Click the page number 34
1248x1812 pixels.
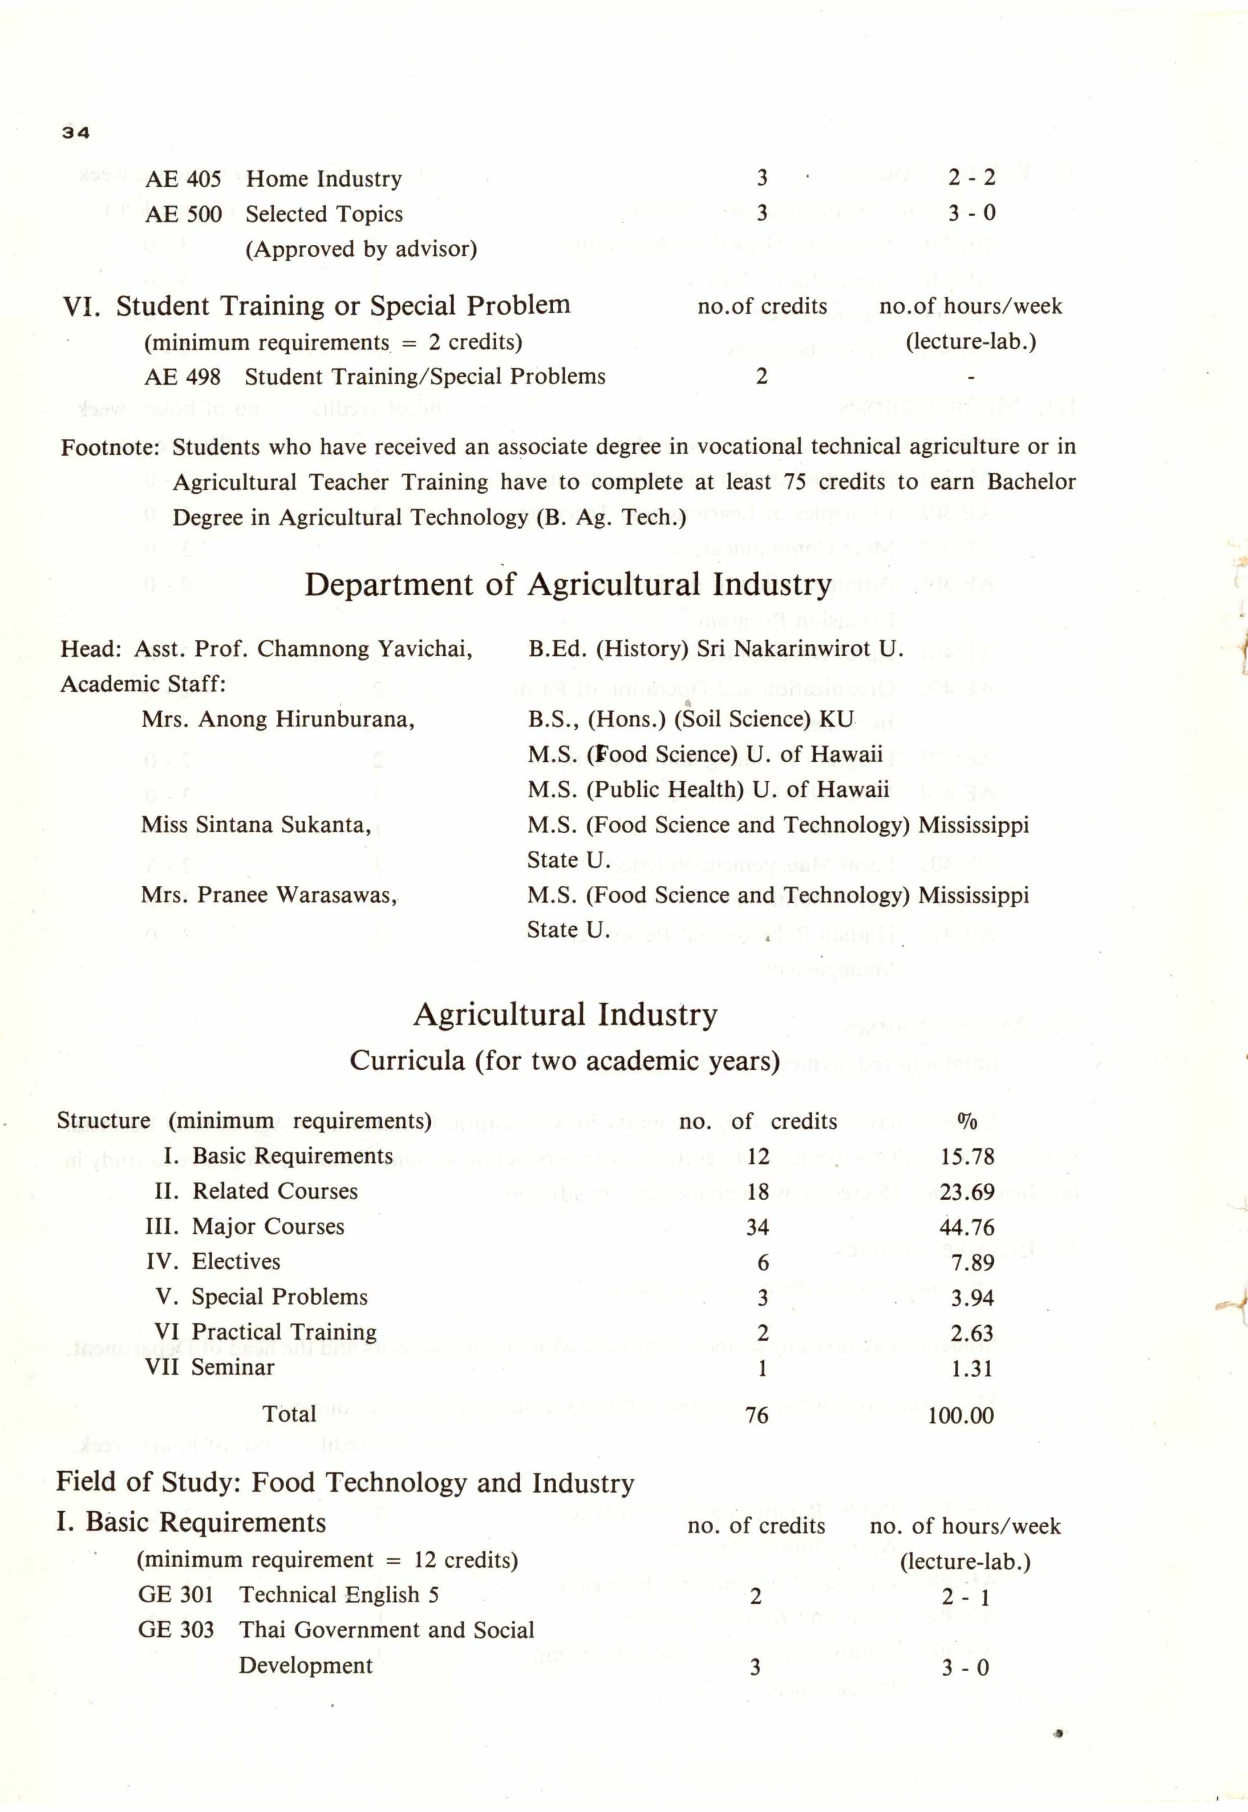(x=76, y=133)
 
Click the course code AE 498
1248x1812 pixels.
(x=182, y=377)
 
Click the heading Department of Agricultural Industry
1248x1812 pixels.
(x=568, y=585)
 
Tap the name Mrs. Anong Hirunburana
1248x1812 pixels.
(x=278, y=719)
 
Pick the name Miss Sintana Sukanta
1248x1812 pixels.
(x=256, y=825)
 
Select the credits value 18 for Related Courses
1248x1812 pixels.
(x=757, y=1192)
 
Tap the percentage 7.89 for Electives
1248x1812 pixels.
(x=973, y=1263)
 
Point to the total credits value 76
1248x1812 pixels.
(x=757, y=1415)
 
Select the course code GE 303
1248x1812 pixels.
(x=176, y=1630)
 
